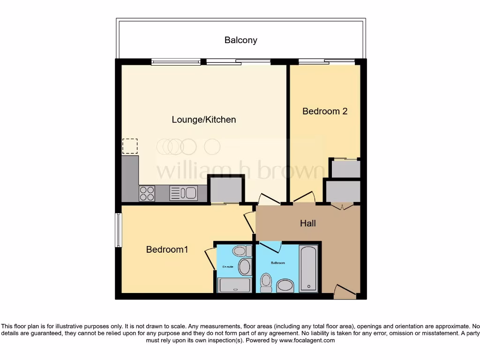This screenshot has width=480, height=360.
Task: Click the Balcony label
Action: coord(240,40)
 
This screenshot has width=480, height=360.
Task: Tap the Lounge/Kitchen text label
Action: coord(204,120)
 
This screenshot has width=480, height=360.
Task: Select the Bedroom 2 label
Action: coord(325,111)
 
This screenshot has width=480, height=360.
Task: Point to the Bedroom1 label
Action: coord(167,249)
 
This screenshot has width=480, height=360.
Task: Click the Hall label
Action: coord(308,223)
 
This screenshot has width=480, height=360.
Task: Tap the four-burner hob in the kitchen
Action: coord(147,193)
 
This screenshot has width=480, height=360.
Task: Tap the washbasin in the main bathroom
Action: coord(285,285)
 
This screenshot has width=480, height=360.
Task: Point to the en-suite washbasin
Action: coord(244,267)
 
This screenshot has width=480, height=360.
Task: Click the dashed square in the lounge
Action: coord(130,146)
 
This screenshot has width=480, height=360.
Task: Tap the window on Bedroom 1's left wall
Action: coord(119,230)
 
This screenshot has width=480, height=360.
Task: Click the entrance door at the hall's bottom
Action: coord(344,292)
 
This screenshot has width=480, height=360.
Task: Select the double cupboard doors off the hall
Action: coord(342,206)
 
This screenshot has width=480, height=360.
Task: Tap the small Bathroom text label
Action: coord(277,263)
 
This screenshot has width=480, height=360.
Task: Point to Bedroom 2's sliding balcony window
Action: coord(327,61)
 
